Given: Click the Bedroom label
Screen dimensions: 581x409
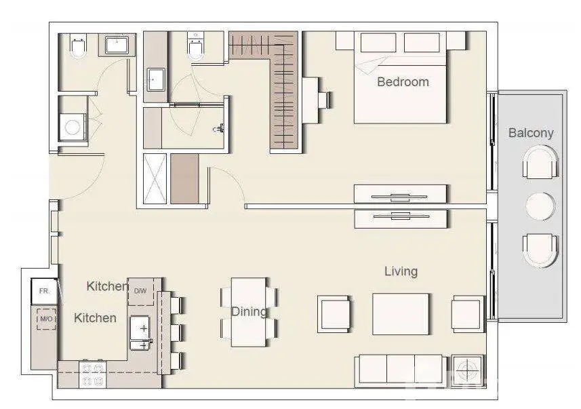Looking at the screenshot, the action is [403, 82].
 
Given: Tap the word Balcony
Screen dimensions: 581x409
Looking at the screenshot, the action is [531, 133].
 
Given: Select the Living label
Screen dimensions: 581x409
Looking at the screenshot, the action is [401, 271].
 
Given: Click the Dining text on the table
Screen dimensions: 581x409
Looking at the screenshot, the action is [249, 312].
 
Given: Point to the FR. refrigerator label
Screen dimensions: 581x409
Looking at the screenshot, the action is [44, 291].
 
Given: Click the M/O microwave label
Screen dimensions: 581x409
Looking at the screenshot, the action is [46, 319].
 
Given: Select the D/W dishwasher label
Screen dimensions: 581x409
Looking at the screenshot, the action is [140, 291].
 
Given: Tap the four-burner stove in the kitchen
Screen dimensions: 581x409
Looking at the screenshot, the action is [93, 374].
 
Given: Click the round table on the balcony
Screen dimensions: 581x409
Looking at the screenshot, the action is [540, 206].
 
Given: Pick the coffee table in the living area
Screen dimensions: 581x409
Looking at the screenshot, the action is [401, 314].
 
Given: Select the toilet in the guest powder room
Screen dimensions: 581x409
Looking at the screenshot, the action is [78, 46].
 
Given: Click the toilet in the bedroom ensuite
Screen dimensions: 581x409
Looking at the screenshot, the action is [195, 46].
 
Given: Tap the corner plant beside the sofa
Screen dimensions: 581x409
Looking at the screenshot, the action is [468, 370].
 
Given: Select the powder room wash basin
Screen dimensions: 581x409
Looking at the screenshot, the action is [117, 45].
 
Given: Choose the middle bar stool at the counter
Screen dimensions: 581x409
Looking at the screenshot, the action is [177, 332].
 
